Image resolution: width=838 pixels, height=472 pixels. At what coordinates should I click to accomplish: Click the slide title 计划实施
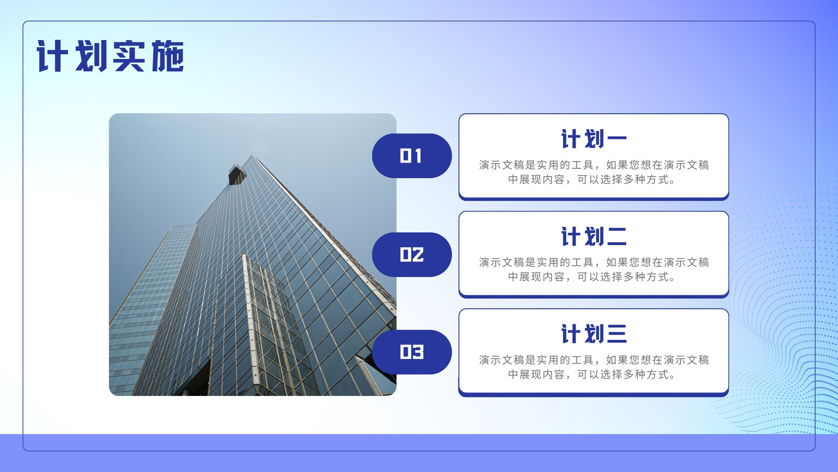(x=111, y=56)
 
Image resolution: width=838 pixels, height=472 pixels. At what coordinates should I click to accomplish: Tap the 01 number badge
(x=412, y=156)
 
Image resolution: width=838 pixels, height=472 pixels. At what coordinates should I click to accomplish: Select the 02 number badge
(x=412, y=255)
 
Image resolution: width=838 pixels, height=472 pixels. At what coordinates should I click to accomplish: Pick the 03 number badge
(x=412, y=352)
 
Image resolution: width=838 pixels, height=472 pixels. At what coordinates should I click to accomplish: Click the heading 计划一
(x=594, y=139)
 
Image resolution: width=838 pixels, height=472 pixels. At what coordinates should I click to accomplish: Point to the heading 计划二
(x=594, y=237)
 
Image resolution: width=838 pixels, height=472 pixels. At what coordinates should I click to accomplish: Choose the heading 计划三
(x=594, y=334)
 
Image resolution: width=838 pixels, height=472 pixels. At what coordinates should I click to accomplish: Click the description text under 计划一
(x=594, y=173)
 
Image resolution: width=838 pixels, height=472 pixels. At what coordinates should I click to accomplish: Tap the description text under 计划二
(x=594, y=270)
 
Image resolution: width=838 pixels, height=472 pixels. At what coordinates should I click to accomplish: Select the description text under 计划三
(x=594, y=367)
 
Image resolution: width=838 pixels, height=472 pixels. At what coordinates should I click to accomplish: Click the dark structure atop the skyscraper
(x=236, y=175)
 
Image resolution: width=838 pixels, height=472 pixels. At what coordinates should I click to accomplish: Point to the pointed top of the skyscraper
(x=252, y=154)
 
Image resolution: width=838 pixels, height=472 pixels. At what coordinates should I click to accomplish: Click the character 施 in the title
(x=168, y=56)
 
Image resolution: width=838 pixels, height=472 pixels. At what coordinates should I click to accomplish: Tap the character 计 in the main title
(x=52, y=56)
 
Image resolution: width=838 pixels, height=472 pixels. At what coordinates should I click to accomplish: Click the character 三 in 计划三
(x=616, y=334)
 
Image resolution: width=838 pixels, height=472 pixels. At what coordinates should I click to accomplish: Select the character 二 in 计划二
(x=616, y=237)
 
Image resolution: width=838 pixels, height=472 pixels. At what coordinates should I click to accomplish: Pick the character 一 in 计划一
(x=616, y=139)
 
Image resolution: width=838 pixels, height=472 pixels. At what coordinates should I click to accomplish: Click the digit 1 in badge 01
(x=418, y=156)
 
